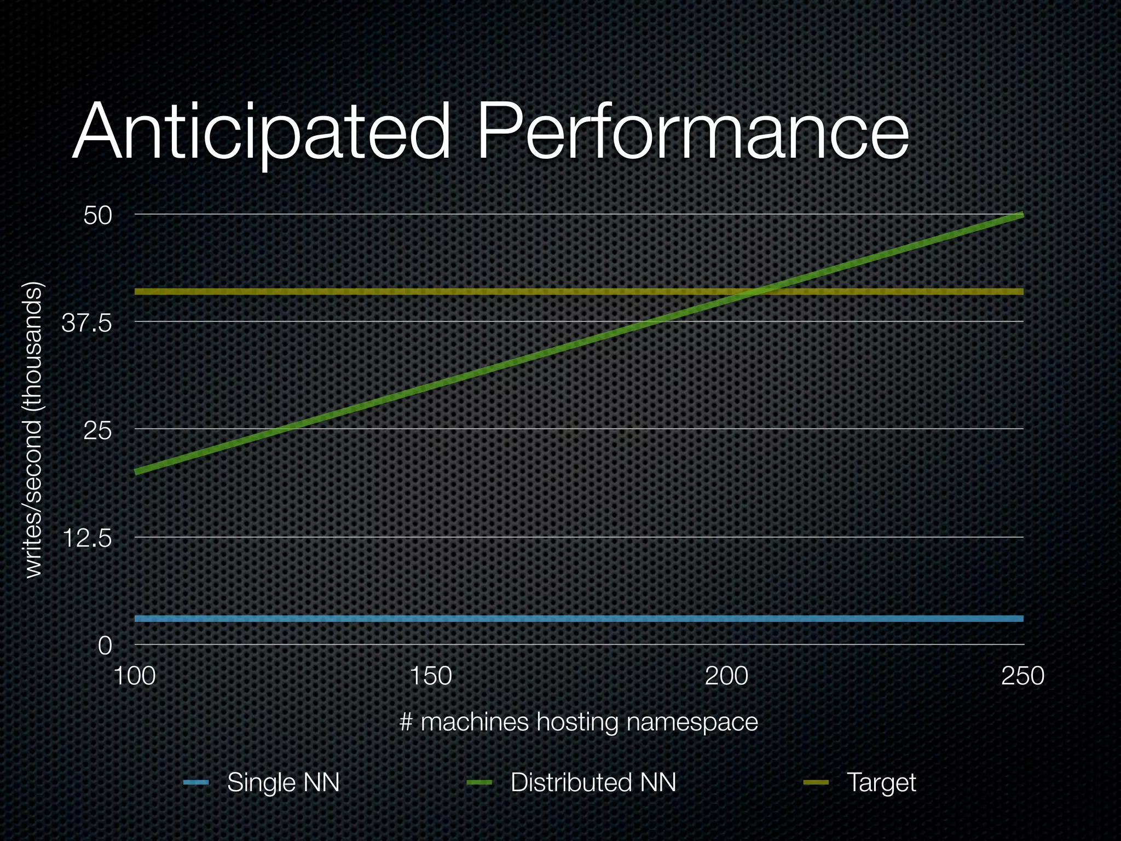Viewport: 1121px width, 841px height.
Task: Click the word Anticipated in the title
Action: click(262, 133)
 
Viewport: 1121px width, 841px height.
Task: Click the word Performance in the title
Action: click(693, 133)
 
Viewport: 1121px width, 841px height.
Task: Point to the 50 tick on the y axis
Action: click(98, 215)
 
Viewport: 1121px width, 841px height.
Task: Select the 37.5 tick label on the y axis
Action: click(87, 323)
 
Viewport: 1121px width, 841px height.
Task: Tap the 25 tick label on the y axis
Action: click(98, 431)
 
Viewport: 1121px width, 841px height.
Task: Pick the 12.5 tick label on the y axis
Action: click(87, 539)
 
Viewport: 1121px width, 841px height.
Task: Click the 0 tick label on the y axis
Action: click(105, 646)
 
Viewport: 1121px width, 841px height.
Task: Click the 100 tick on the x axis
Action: click(135, 676)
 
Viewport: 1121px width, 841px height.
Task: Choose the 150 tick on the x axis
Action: click(431, 676)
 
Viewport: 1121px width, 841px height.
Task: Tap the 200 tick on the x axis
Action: click(726, 676)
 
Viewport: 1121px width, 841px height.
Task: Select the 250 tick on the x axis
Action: click(1022, 676)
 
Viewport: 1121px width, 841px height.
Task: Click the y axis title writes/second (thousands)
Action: click(34, 429)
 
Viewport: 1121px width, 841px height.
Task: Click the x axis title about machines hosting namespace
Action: click(579, 722)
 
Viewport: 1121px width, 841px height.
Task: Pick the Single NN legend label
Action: click(284, 782)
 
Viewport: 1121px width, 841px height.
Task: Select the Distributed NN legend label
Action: click(593, 782)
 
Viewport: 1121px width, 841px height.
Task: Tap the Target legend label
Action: click(881, 782)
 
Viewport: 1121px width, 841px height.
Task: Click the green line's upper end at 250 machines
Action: click(1021, 215)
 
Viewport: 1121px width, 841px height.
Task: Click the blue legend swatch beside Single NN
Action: click(196, 782)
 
